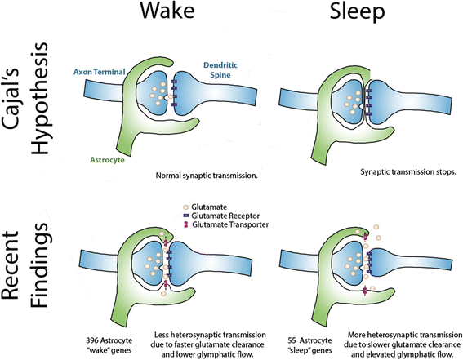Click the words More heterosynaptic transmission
tap(399, 335)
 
